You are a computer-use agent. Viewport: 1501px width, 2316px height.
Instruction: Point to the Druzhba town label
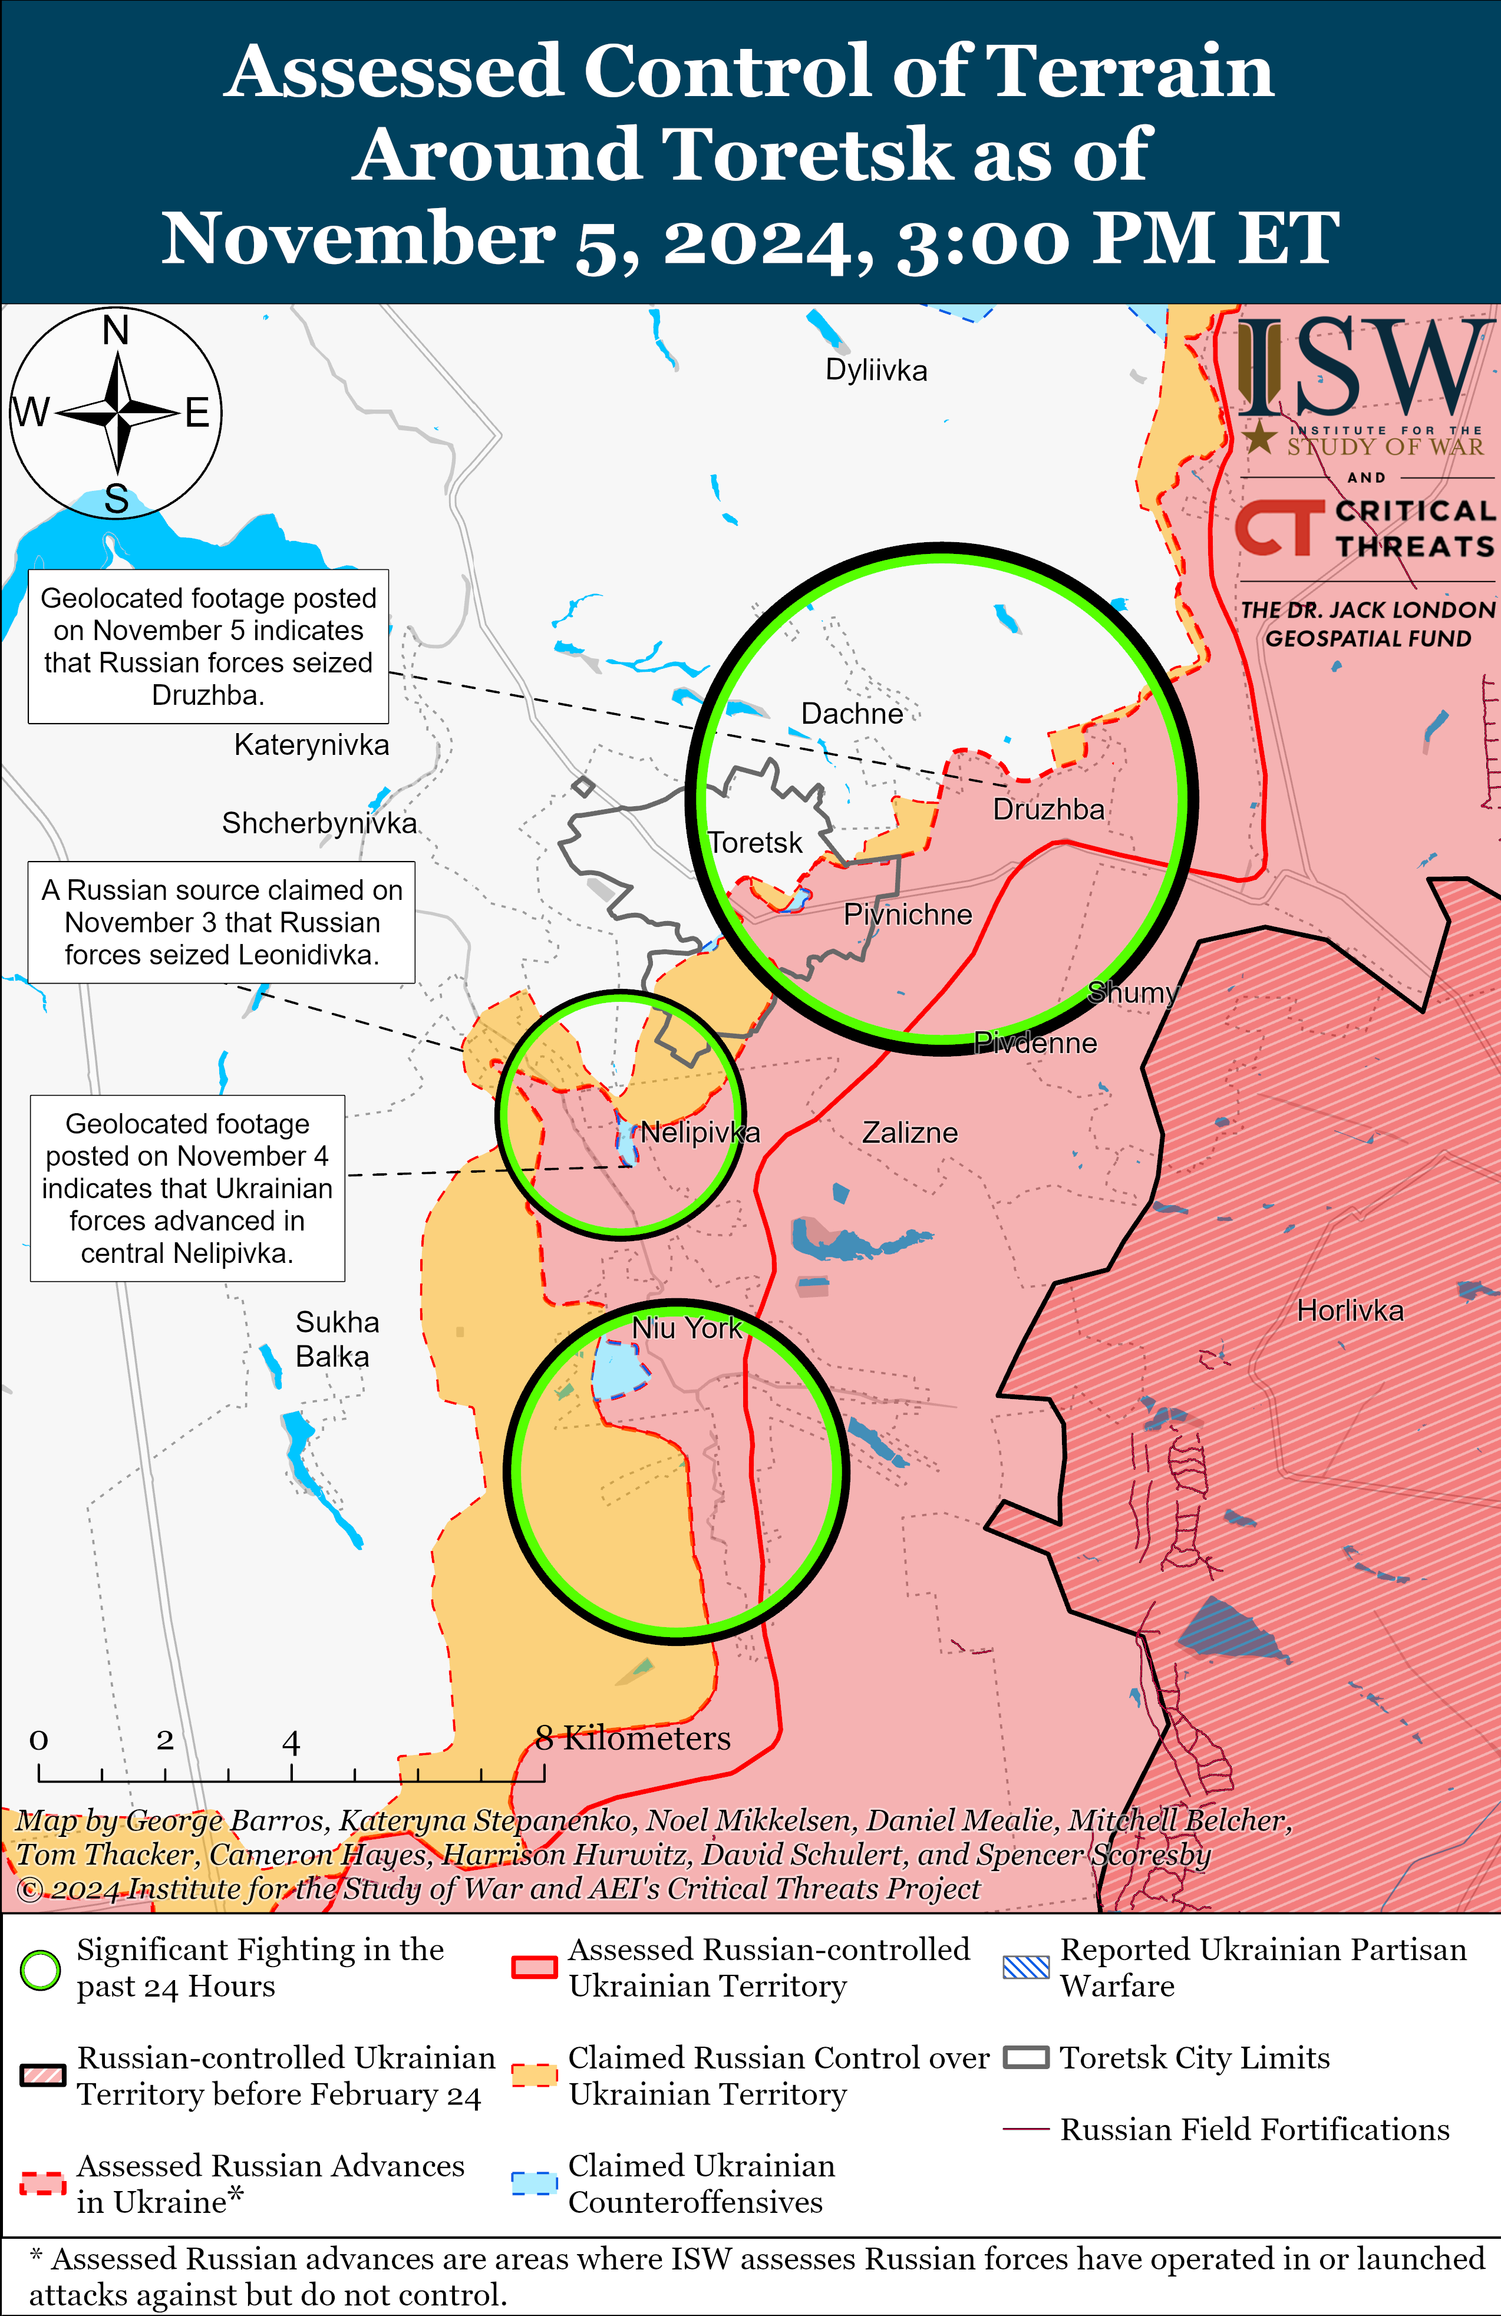point(1048,810)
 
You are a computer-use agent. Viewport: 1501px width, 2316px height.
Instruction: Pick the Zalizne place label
point(909,1133)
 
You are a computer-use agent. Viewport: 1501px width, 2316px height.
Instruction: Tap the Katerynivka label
point(312,745)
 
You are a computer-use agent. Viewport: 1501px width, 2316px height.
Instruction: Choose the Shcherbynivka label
point(319,823)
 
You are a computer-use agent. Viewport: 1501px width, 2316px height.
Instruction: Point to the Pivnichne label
point(907,915)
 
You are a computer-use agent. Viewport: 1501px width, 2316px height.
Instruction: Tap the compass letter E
point(197,414)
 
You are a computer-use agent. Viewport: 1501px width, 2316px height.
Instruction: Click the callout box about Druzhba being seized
point(208,646)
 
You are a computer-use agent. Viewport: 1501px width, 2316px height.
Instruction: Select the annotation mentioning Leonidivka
point(222,922)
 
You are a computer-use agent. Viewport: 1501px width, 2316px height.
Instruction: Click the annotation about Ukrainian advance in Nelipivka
point(188,1188)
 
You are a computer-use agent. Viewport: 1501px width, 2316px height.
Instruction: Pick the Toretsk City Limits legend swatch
point(1026,2058)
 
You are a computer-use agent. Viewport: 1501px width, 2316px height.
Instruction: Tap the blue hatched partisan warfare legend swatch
point(1026,1968)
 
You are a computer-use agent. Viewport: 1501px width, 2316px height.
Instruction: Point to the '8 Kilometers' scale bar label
point(633,1738)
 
